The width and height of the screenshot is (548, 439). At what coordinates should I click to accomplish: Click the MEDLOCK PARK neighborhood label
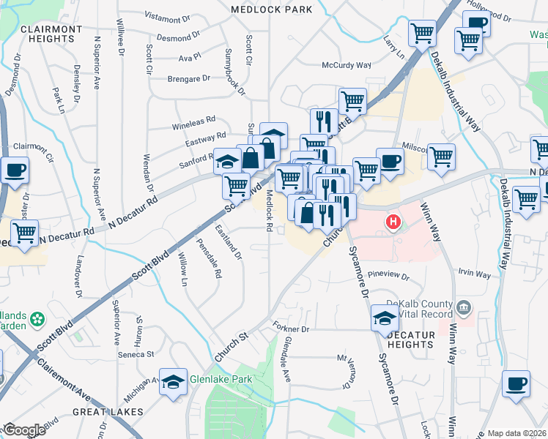271,10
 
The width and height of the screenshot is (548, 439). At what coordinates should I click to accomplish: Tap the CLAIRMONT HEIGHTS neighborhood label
51,34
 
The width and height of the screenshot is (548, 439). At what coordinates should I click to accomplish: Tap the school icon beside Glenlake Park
173,383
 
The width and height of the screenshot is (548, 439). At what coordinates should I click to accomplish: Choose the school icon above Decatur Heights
385,318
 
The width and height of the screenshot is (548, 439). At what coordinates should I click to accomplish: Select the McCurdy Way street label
347,65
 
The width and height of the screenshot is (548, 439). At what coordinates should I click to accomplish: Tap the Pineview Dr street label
388,277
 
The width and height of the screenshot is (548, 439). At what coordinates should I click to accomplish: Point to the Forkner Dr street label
291,329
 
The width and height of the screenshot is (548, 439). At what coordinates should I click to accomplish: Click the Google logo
24,429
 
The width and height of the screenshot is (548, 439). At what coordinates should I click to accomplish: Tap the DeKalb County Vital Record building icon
463,306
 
